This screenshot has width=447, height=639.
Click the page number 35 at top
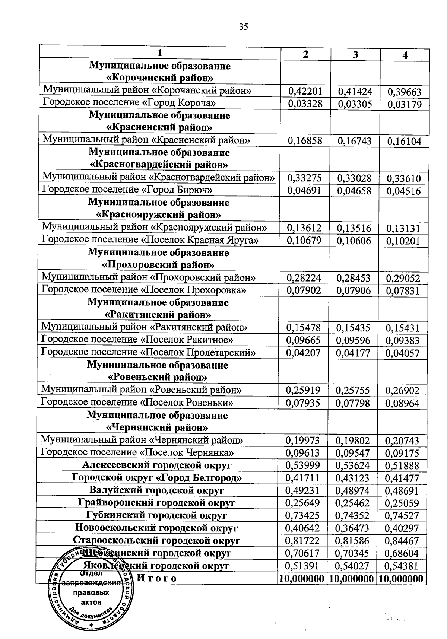pyautogui.click(x=243, y=26)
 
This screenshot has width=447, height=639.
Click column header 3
pyautogui.click(x=355, y=55)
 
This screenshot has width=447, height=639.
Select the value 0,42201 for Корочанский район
pyautogui.click(x=305, y=91)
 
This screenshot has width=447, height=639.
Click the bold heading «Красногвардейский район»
pyautogui.click(x=159, y=164)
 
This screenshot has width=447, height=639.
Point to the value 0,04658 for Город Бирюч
pyautogui.click(x=354, y=191)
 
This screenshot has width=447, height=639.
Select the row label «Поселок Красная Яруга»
pyautogui.click(x=150, y=239)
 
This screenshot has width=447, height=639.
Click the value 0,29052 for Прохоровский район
pyautogui.click(x=403, y=278)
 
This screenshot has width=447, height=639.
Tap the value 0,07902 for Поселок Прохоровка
pyautogui.click(x=304, y=290)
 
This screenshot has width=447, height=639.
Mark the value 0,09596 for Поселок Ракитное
pyautogui.click(x=353, y=340)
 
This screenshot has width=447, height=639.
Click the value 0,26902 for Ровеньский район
pyautogui.click(x=402, y=390)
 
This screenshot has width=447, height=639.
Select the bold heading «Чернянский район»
pyautogui.click(x=157, y=427)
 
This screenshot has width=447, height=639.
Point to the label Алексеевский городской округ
pyautogui.click(x=157, y=465)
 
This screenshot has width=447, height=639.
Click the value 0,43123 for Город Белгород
pyautogui.click(x=353, y=478)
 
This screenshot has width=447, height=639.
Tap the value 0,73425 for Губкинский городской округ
pyautogui.click(x=302, y=515)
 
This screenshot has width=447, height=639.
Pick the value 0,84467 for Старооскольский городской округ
pyautogui.click(x=402, y=540)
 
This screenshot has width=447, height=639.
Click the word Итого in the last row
pyautogui.click(x=157, y=578)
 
